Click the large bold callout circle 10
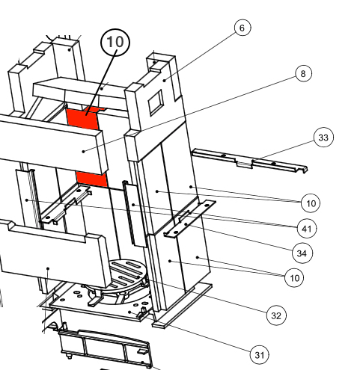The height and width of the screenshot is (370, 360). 115,43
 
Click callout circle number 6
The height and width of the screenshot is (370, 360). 242,28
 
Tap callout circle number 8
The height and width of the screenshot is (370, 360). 303,73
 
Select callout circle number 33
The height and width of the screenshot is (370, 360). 323,138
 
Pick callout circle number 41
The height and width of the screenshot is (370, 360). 307,229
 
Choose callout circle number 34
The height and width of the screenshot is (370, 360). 302,253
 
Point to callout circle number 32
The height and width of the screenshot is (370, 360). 276,315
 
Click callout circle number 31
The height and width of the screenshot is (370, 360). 260,355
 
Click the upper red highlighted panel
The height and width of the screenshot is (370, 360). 84,118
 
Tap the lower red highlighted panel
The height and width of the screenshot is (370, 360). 92,179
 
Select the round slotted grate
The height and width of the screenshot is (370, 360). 126,274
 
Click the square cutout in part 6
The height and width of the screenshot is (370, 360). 156,102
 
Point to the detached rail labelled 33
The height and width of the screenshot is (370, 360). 249,161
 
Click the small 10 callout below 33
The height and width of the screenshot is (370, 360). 311,203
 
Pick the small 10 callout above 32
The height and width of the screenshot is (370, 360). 294,277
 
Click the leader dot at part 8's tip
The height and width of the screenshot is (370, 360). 84,151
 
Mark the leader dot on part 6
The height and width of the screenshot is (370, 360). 165,80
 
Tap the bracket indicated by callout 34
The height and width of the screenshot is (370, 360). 189,219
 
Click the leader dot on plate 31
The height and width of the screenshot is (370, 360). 129,312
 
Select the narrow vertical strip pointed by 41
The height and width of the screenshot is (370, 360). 135,214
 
